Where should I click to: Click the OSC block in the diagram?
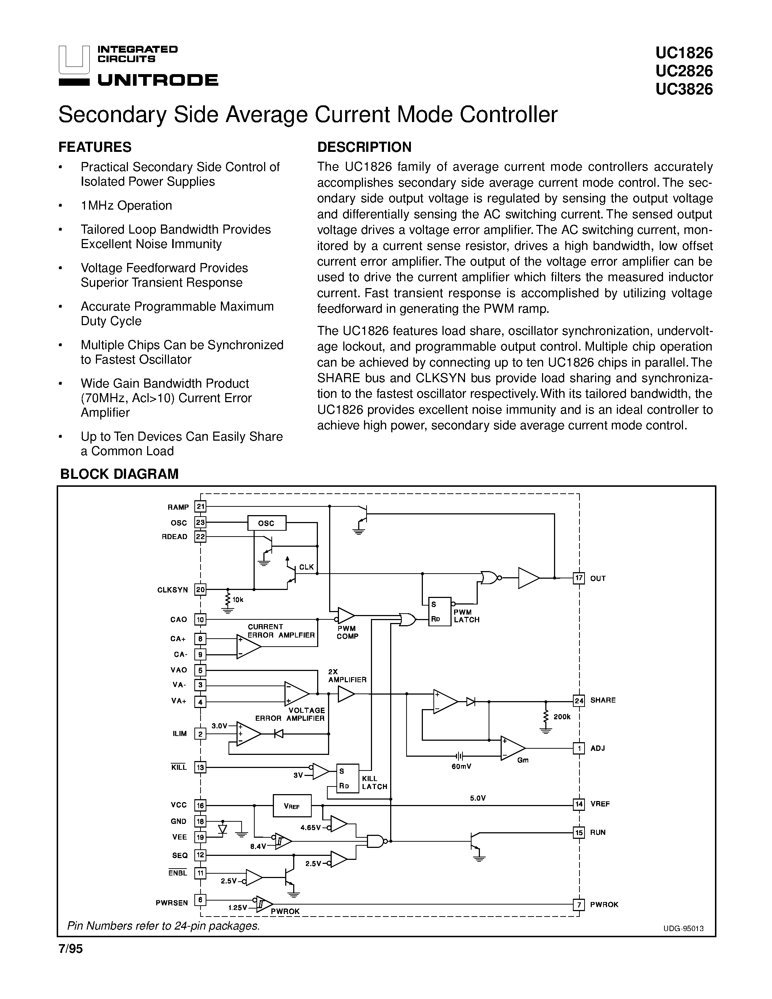point(267,523)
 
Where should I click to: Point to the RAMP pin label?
point(178,507)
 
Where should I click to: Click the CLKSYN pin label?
point(173,590)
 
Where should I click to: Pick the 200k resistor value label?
point(562,717)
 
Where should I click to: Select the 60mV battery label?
point(461,766)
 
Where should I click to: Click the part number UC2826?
point(684,71)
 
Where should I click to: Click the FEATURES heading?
point(95,147)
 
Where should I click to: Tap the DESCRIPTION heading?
point(364,147)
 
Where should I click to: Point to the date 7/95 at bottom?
point(70,950)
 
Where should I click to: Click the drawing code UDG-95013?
point(683,929)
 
